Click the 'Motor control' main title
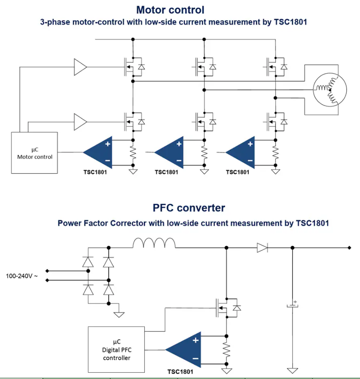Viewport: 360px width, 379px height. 170,10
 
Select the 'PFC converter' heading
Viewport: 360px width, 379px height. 189,208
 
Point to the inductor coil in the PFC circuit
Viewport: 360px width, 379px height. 154,243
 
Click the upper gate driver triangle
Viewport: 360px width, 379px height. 80,67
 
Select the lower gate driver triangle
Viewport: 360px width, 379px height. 80,122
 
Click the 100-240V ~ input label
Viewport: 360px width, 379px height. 22,276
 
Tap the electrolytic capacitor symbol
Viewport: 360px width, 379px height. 293,305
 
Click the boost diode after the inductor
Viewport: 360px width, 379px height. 262,248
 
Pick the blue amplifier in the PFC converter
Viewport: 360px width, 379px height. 183,350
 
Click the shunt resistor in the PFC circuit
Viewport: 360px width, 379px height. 226,350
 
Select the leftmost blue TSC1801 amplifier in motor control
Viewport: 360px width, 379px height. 98,153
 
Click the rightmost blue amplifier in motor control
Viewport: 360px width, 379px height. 240,153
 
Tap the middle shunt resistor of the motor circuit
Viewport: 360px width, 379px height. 204,153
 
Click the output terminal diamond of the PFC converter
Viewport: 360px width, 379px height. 350,248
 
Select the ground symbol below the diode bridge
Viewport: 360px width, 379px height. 119,315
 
